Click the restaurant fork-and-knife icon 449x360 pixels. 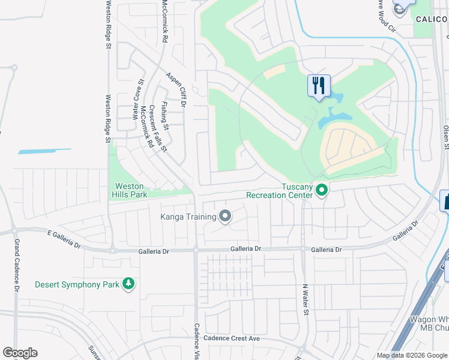click(319, 85)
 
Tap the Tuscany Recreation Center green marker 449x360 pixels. click(322, 191)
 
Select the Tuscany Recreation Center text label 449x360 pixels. click(280, 191)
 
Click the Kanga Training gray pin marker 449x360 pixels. click(225, 216)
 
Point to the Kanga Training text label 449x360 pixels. click(188, 217)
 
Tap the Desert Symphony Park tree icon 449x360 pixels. click(128, 283)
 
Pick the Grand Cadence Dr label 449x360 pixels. click(17, 265)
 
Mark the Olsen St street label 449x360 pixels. click(445, 134)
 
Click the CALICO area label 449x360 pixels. click(432, 19)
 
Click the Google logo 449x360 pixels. click(20, 353)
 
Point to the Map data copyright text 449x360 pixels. click(411, 355)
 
